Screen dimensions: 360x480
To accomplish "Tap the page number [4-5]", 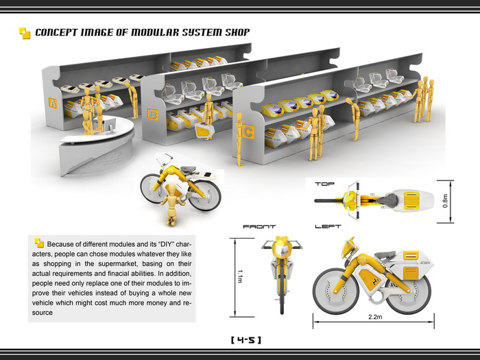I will pos(245,339).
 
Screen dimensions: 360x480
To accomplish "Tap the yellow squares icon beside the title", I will pos(25,32).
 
